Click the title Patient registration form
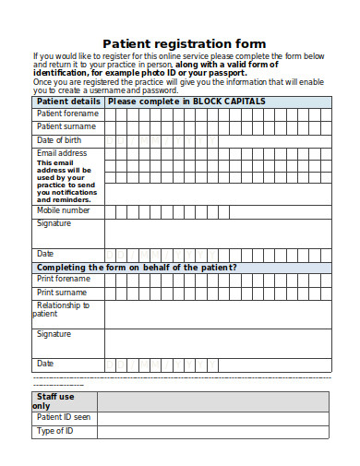184,43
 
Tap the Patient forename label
67,114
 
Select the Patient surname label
66,126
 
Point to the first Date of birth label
60,139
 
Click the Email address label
62,153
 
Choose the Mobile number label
64,210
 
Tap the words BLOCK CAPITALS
229,101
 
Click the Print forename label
64,279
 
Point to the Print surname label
63,292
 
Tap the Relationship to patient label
62,309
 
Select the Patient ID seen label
64,417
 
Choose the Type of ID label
54,431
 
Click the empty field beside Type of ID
212,432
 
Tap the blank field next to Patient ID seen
212,418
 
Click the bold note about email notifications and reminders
65,182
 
